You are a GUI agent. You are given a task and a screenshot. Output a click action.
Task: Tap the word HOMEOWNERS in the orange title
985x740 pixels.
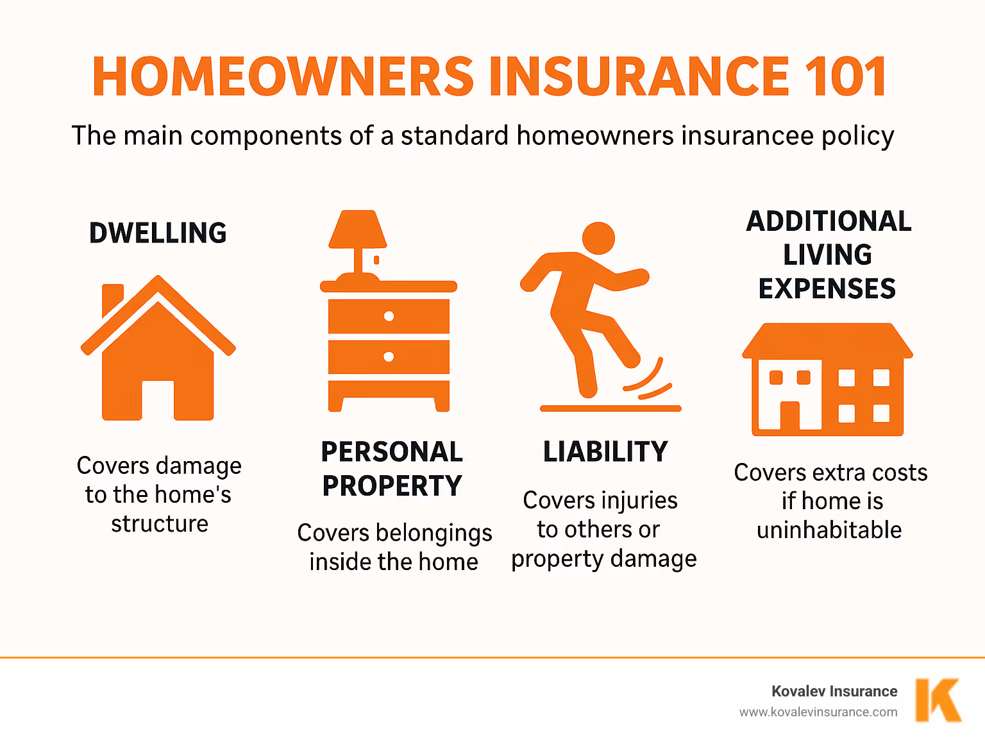283,76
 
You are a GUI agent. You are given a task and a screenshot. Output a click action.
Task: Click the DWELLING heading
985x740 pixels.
158,233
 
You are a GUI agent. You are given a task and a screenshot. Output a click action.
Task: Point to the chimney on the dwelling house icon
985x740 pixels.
112,298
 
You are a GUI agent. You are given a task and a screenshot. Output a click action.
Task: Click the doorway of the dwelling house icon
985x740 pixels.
158,400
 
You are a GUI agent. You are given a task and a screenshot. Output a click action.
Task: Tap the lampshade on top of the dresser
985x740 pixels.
357,230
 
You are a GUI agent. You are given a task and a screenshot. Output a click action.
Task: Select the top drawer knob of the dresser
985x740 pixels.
389,316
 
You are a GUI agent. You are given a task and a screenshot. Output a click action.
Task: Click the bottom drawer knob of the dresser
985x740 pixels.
389,357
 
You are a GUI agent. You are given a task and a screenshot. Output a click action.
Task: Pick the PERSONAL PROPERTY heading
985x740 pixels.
392,469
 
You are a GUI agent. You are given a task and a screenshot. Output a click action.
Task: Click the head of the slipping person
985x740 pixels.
598,239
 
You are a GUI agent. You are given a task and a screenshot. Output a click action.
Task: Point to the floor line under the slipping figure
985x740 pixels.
610,408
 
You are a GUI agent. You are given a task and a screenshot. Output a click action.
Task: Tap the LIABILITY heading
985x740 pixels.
605,451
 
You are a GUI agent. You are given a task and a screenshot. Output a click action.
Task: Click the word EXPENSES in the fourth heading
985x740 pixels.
827,289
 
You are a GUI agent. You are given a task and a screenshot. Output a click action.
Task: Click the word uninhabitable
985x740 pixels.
829,530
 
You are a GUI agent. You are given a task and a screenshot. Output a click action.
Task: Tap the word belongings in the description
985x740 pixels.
434,534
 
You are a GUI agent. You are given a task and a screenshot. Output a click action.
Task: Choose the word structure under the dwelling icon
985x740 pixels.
160,524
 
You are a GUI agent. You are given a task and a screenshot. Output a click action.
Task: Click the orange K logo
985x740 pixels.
938,700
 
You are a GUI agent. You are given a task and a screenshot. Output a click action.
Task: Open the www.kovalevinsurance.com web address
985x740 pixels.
818,712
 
